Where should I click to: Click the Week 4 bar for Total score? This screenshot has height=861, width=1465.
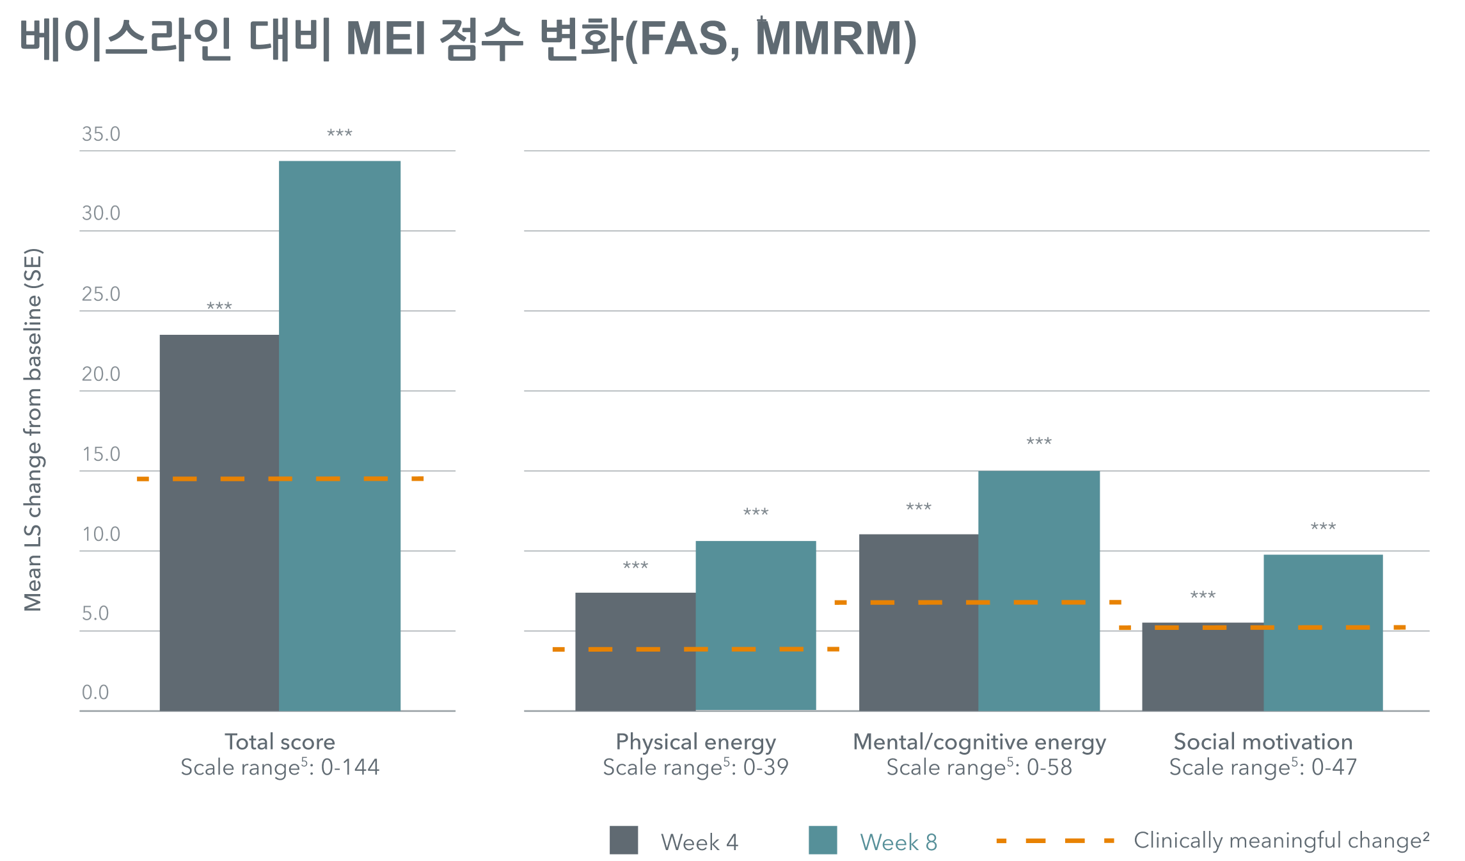(x=219, y=522)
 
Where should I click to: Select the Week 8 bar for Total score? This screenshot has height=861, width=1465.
(x=340, y=435)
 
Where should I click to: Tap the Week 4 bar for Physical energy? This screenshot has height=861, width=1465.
(x=635, y=651)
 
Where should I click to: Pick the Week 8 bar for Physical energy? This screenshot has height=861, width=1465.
(x=756, y=625)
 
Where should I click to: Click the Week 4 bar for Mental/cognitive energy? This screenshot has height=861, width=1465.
(x=918, y=622)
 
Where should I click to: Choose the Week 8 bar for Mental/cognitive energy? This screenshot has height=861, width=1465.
(x=1039, y=590)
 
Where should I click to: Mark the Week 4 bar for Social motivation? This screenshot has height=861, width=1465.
(x=1202, y=666)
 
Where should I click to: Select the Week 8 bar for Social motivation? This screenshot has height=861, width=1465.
(x=1323, y=632)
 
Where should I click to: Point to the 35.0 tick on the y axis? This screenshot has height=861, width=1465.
(x=101, y=134)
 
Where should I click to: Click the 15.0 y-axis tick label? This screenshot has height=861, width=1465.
(x=101, y=454)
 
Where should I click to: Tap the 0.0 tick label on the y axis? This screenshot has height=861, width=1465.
(x=95, y=692)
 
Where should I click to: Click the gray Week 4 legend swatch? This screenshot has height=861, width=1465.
(x=624, y=840)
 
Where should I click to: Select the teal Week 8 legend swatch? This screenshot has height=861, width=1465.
(x=823, y=840)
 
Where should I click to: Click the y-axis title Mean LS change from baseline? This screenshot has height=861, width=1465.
(x=33, y=430)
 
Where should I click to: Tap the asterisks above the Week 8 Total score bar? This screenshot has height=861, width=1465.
(x=340, y=134)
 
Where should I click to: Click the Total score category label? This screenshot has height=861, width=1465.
(x=280, y=742)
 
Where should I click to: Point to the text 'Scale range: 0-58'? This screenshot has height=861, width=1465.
(x=979, y=767)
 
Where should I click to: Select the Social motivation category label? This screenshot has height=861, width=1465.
(x=1263, y=742)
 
